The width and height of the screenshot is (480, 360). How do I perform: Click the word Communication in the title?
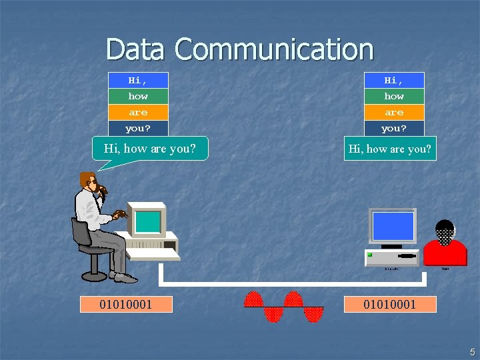274,49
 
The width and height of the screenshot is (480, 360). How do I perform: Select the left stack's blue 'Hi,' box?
138,80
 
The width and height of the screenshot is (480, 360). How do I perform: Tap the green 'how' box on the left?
138,96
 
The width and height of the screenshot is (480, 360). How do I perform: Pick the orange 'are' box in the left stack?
138,112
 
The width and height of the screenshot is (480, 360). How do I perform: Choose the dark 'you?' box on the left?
138,128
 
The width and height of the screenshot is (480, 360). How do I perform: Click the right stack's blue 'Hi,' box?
394,80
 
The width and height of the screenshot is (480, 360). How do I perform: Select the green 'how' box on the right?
394,96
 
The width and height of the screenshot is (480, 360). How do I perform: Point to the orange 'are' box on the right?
394,112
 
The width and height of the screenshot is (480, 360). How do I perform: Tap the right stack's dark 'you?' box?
394,128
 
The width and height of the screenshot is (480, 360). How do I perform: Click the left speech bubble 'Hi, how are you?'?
150,149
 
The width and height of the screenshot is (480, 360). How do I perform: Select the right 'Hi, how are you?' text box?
390,149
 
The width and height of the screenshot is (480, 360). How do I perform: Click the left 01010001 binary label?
125,305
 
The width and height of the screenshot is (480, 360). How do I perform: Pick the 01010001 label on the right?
390,305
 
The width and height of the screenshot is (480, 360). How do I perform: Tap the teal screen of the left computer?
148,221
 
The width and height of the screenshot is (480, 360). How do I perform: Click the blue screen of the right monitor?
393,227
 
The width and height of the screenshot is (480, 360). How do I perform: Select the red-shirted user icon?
445,245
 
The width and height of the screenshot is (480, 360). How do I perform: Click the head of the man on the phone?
89,181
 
